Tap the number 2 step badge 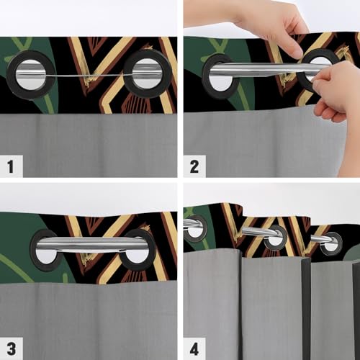193,168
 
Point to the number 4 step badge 193,348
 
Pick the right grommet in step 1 147,73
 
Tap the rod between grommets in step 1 89,72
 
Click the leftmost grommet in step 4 194,226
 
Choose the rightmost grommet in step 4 330,243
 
